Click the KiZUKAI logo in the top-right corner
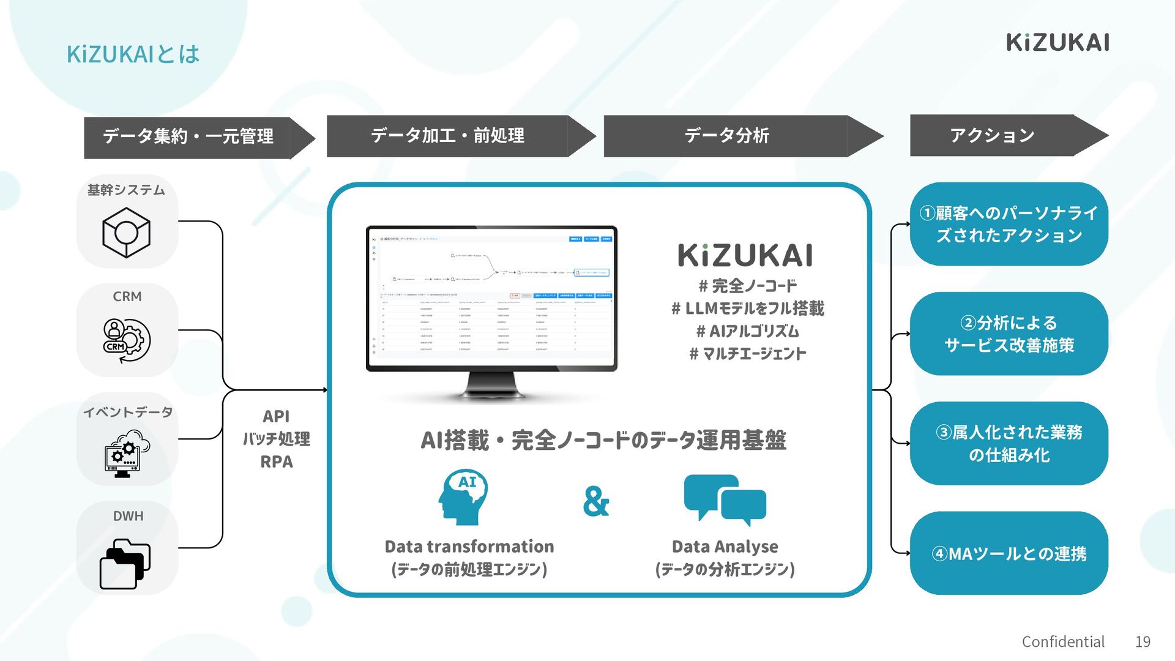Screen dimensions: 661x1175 point(1057,42)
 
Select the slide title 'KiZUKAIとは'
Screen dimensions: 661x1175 point(133,54)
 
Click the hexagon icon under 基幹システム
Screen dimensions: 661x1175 point(126,233)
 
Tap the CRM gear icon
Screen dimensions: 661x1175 point(127,340)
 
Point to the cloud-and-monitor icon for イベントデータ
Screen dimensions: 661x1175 point(127,453)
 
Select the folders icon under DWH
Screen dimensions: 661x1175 point(125,563)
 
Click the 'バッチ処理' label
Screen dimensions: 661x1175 point(276,439)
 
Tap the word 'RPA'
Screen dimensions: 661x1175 point(276,462)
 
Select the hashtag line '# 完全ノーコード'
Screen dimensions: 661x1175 point(748,286)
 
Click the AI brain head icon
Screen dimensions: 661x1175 point(463,497)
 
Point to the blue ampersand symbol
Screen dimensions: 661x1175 point(595,501)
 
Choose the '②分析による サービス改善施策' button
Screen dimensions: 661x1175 point(1009,334)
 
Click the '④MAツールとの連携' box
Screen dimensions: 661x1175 point(1009,553)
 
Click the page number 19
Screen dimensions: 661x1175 point(1143,641)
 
